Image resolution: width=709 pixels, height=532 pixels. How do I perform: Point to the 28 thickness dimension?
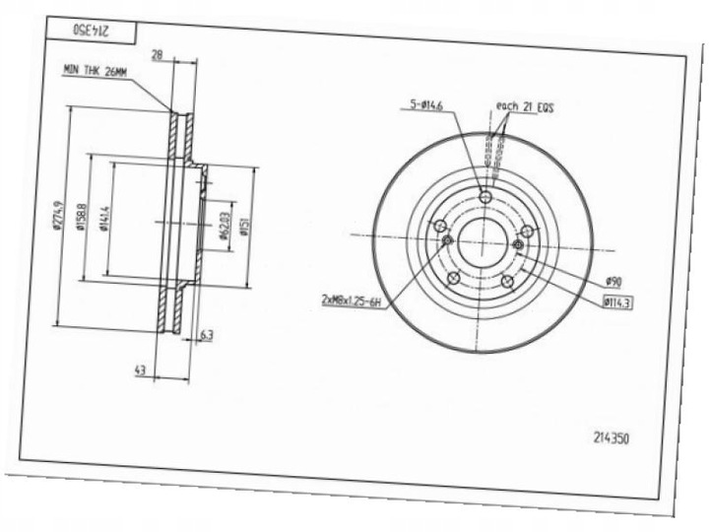[156, 56]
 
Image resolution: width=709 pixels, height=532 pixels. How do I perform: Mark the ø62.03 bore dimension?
[226, 224]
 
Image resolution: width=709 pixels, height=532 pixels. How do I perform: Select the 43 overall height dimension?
[140, 369]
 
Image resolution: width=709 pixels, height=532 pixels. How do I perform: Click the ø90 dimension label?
[612, 282]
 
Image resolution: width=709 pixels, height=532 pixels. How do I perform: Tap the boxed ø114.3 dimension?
[616, 302]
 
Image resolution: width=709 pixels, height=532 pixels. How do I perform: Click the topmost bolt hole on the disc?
[483, 198]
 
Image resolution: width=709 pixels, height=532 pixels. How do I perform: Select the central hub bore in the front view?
[483, 240]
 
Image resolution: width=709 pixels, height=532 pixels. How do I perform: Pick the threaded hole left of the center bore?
[447, 239]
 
